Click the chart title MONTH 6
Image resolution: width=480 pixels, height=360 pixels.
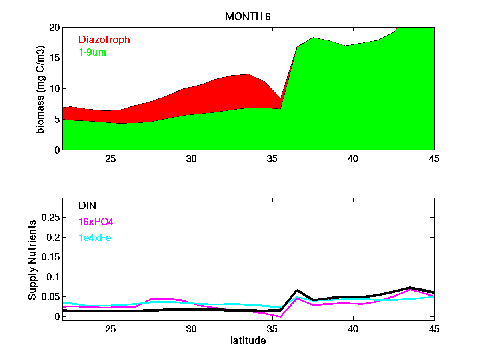pyautogui.click(x=248, y=16)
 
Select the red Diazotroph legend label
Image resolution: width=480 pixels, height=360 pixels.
pyautogui.click(x=104, y=40)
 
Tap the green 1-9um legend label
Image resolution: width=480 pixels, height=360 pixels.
pyautogui.click(x=92, y=52)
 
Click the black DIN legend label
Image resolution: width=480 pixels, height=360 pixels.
pyautogui.click(x=88, y=206)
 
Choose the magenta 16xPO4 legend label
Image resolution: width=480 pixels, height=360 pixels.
pyautogui.click(x=96, y=222)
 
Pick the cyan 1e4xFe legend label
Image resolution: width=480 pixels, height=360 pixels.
pyautogui.click(x=95, y=238)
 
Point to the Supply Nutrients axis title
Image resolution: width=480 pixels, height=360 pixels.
pyautogui.click(x=32, y=260)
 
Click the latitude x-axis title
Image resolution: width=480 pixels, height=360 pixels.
pyautogui.click(x=248, y=341)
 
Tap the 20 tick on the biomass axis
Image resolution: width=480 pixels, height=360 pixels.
pyautogui.click(x=54, y=27)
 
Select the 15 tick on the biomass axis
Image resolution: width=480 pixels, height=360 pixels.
pyautogui.click(x=54, y=58)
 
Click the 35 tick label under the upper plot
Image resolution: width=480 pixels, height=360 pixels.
pyautogui.click(x=272, y=159)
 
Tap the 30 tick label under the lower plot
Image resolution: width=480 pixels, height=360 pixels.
pyautogui.click(x=192, y=329)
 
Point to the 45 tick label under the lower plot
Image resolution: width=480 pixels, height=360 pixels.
pyautogui.click(x=434, y=329)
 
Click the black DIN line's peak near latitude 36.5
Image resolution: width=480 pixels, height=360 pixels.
pyautogui.click(x=297, y=290)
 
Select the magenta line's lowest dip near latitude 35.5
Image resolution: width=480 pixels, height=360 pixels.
pyautogui.click(x=281, y=316)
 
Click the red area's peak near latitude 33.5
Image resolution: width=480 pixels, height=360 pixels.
pyautogui.click(x=248, y=74)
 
